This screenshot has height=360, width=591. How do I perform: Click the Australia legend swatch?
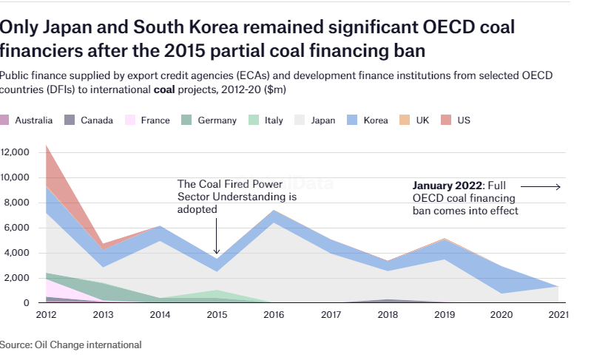click(x=5, y=120)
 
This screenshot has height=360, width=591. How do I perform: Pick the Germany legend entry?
click(x=216, y=120)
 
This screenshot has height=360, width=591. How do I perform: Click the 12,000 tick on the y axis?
click(x=14, y=152)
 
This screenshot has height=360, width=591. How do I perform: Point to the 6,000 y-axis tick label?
click(x=16, y=228)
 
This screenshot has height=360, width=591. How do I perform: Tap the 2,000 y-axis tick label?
click(x=16, y=278)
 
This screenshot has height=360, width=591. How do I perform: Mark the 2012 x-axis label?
click(x=46, y=314)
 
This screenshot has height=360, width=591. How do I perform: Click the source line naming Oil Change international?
click(x=70, y=344)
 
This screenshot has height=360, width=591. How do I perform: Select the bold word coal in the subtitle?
click(x=164, y=89)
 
